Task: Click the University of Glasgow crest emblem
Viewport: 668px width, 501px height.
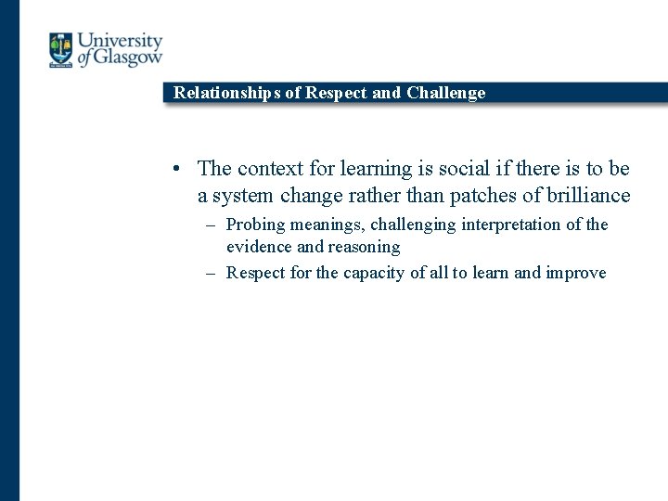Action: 61,50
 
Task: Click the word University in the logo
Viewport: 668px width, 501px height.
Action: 120,43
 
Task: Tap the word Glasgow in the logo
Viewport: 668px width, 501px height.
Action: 128,58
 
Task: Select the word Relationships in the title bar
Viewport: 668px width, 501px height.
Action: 225,93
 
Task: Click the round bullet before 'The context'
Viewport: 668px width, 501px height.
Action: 175,169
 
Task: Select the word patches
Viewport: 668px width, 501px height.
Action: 483,196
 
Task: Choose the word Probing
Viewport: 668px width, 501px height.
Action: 255,225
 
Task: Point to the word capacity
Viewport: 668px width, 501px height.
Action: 375,274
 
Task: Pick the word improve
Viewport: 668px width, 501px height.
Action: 575,274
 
